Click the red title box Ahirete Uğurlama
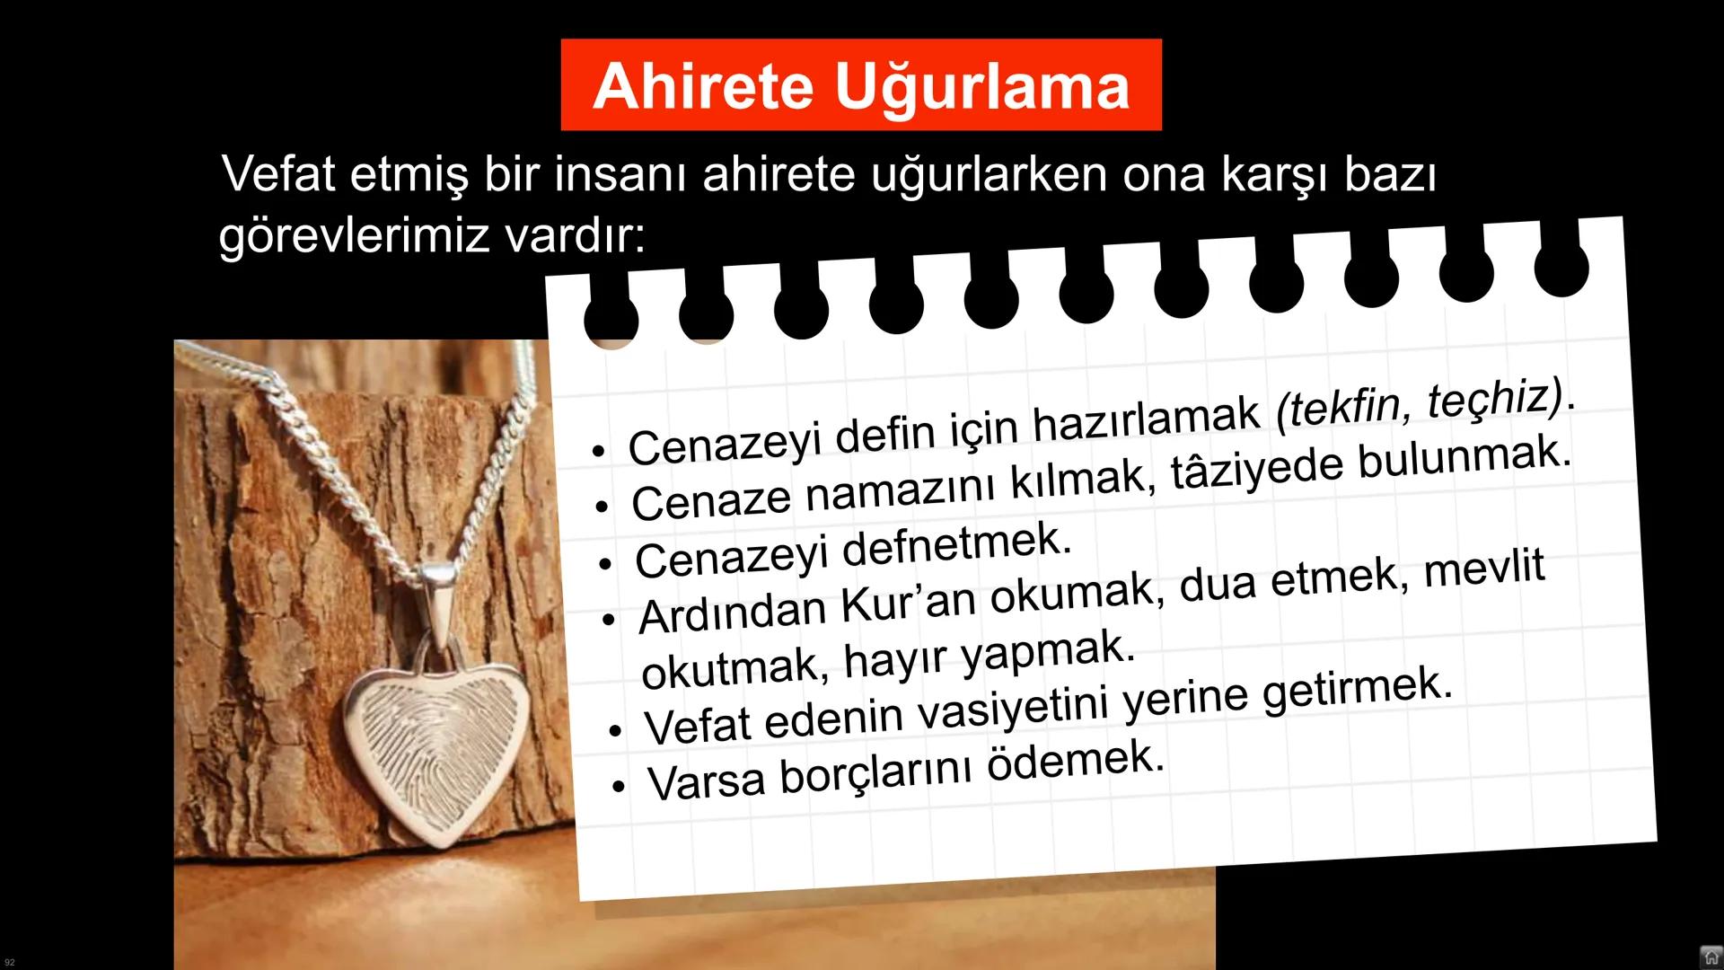pos(860,85)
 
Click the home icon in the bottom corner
pos(1711,957)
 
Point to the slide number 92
pos(10,962)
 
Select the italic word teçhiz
pos(1495,398)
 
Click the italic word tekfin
pos(1341,409)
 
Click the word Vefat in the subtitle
pos(278,173)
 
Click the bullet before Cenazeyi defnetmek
pos(606,565)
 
